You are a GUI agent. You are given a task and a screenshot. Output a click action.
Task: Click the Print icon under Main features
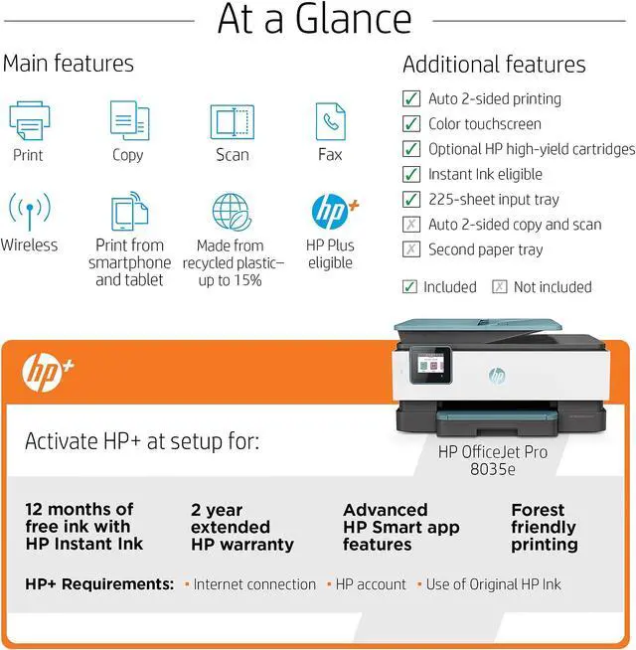(29, 121)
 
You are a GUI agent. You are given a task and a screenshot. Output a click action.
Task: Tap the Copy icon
(128, 121)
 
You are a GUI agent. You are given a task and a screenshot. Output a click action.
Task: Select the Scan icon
(232, 121)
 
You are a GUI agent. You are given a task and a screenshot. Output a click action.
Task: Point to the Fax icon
(330, 121)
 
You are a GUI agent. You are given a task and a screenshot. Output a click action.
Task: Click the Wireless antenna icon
(29, 212)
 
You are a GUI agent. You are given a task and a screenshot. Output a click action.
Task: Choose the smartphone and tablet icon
(129, 212)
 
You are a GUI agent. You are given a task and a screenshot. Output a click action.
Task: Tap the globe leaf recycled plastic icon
(233, 212)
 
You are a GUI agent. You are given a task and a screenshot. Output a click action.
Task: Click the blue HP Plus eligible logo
(332, 211)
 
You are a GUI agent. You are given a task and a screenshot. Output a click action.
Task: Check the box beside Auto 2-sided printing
(410, 98)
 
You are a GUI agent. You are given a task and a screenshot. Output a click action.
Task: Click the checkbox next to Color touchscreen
(410, 124)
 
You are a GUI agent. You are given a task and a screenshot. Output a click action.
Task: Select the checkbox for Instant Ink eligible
(410, 174)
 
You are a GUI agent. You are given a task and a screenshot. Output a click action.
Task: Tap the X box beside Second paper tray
(410, 249)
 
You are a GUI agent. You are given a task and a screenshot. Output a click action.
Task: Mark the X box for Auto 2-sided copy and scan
(410, 225)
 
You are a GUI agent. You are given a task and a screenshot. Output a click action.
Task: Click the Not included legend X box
(499, 287)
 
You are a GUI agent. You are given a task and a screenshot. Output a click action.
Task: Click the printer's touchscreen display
(434, 364)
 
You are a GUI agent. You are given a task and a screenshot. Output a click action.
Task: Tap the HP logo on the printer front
(497, 375)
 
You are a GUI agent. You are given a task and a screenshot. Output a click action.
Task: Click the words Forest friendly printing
(544, 527)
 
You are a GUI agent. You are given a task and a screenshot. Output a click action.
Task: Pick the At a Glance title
(315, 20)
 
